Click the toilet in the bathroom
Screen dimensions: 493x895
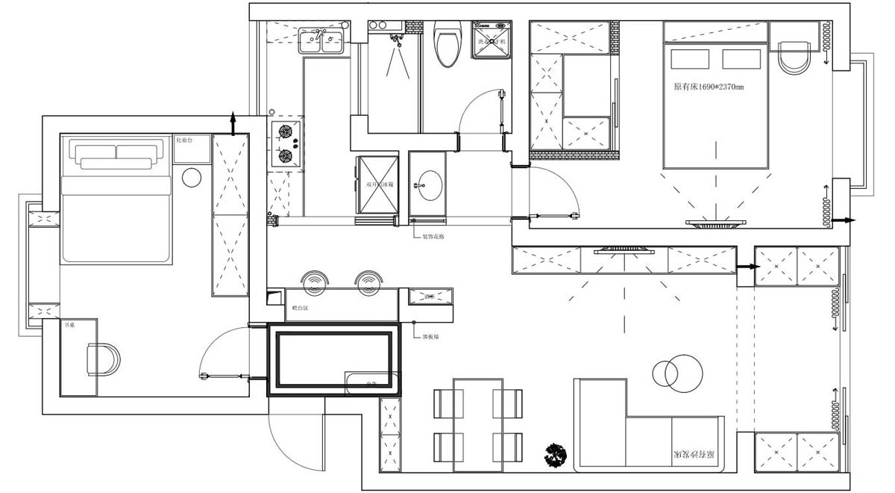coord(447,45)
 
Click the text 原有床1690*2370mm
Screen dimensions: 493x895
coord(709,87)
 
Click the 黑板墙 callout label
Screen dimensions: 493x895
coord(430,337)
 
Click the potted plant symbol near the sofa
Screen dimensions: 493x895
coord(556,453)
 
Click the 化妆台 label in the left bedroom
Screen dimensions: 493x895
coord(184,140)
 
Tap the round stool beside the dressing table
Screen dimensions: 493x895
coord(192,178)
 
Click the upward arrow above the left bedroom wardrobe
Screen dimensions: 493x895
coord(234,122)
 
